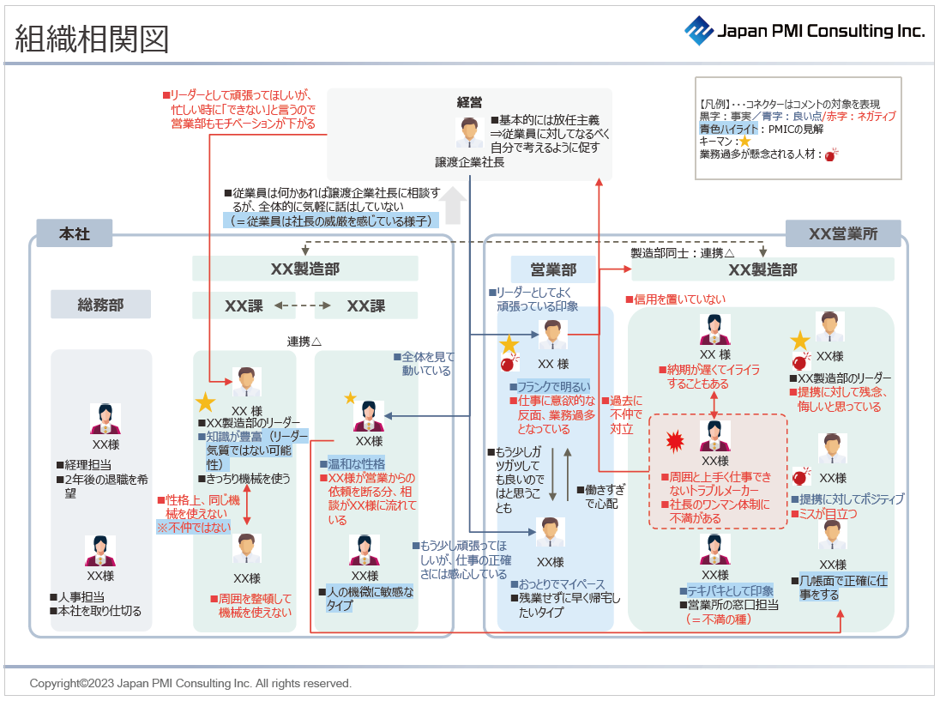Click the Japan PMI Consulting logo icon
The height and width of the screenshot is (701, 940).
pos(698,30)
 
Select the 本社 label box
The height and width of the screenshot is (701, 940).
pos(75,233)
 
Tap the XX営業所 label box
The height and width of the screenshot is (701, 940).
pos(843,233)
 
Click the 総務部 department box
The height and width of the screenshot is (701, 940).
pos(100,305)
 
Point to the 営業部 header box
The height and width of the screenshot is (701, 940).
pos(553,269)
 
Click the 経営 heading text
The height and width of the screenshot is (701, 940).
pos(469,102)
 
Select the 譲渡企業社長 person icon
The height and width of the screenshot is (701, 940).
pos(468,132)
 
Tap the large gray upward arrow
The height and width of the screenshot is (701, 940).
pos(455,206)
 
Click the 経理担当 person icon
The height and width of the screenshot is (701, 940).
pos(105,419)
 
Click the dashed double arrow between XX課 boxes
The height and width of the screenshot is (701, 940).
pos(296,305)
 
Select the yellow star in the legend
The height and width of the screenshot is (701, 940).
pos(744,142)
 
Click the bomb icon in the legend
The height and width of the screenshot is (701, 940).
pos(830,155)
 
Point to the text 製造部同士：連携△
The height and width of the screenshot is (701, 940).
pos(683,253)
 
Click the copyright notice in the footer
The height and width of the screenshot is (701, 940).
pos(190,684)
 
